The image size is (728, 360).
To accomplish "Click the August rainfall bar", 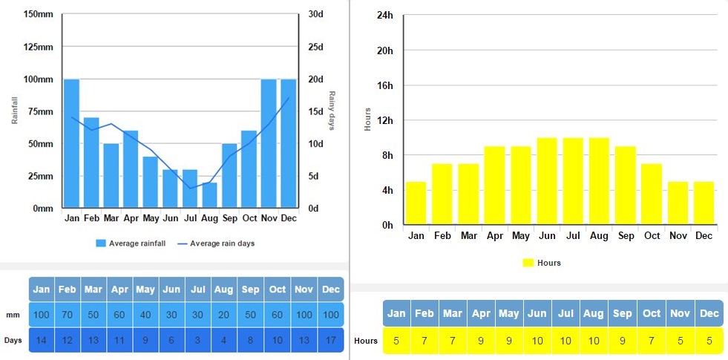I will (210, 194).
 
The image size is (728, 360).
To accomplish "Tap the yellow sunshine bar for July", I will (573, 181).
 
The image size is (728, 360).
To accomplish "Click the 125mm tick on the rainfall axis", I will (38, 47).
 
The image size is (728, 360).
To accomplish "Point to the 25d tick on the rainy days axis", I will (317, 47).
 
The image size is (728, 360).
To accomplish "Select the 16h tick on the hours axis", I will (384, 85).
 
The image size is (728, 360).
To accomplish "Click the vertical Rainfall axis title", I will (15, 111).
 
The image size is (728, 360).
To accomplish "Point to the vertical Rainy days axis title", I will (332, 111).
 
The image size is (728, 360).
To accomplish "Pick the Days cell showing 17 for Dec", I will (330, 340).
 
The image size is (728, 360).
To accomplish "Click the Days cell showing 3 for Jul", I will (197, 340).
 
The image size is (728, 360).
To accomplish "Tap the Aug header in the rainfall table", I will (223, 289).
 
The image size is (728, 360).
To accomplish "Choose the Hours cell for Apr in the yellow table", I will (480, 341).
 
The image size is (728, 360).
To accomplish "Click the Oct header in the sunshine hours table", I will (652, 313).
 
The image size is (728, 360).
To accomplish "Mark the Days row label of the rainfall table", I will (13, 340).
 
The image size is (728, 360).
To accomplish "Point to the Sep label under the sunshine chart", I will (626, 236).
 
